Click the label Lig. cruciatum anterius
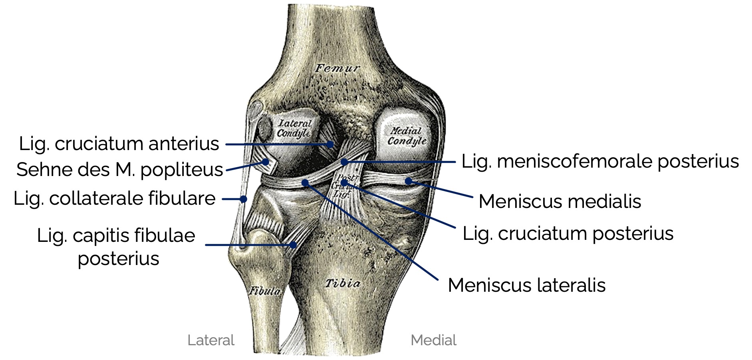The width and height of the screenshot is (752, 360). coord(119,144)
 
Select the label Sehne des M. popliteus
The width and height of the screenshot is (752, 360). coord(119,170)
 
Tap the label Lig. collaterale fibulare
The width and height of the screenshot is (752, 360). coord(115,198)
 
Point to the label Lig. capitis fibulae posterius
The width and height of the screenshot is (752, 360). coord(116,246)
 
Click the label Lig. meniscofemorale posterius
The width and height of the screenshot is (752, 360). coord(600,162)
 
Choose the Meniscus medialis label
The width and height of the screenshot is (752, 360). coord(560,201)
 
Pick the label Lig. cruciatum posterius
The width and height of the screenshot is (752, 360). coord(568,233)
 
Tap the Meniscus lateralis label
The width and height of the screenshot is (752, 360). coord(526,285)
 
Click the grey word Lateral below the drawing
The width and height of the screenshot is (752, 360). coord(211,340)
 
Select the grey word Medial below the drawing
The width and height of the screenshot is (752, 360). coord(433,340)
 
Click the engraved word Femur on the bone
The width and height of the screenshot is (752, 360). coord(337,69)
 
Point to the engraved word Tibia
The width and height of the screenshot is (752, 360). coord(342,283)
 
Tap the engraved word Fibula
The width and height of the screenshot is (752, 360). coord(265,291)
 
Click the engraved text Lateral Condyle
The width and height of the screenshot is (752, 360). coord(294,128)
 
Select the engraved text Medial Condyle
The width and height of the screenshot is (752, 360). coord(407,136)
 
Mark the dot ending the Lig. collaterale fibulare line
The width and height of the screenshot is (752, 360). coord(243,199)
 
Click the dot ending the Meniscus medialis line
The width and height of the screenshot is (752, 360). coord(408,181)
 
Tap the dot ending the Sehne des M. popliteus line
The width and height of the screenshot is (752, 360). coord(266,162)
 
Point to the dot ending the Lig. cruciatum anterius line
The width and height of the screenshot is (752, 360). coord(330,144)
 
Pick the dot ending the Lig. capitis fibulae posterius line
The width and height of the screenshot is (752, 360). coord(293,245)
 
